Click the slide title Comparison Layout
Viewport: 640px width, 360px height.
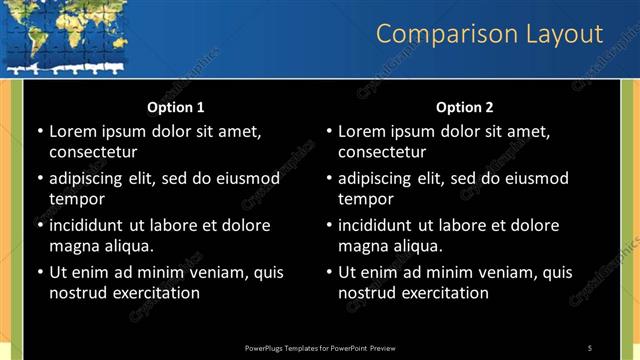[x=489, y=34]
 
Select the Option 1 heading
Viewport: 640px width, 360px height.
[x=176, y=107]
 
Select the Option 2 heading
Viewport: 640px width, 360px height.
[x=465, y=107]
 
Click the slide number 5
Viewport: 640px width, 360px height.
[x=590, y=347]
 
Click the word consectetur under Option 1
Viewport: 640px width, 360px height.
[x=93, y=152]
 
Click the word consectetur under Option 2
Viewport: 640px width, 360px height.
[x=382, y=152]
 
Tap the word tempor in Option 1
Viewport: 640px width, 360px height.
[x=74, y=199]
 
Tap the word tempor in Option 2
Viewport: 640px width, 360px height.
[x=363, y=199]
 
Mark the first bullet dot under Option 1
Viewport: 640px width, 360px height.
[x=39, y=131]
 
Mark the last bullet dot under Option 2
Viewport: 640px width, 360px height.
[x=328, y=272]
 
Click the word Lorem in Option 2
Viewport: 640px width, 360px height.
[x=361, y=131]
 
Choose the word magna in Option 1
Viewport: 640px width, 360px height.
[x=73, y=246]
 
